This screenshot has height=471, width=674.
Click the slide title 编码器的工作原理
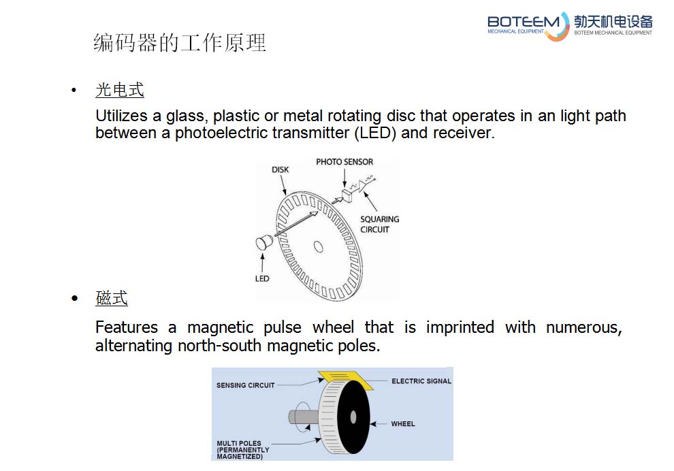pos(180,43)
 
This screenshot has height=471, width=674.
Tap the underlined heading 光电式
pos(120,90)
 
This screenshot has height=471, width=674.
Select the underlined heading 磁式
pos(112,298)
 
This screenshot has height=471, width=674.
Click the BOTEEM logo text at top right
pos(523,22)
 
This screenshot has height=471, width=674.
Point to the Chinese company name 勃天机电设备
pos(613,22)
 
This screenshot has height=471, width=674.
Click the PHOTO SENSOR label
pos(344,162)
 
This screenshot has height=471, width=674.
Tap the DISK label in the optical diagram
pos(280,169)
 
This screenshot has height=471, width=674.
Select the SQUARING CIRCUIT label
pos(380,225)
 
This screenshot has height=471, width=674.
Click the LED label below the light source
pos(262,278)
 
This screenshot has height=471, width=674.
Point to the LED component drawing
pos(264,243)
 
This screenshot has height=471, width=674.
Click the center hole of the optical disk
pos(318,246)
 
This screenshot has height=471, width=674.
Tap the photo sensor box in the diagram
pos(347,195)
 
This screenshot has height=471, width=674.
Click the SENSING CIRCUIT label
pos(246,385)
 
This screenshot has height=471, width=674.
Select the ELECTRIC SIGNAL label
pos(421,381)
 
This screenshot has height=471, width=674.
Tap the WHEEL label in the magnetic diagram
pos(403,424)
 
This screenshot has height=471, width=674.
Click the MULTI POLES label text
pos(243,449)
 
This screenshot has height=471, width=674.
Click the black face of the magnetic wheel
pos(353,417)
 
